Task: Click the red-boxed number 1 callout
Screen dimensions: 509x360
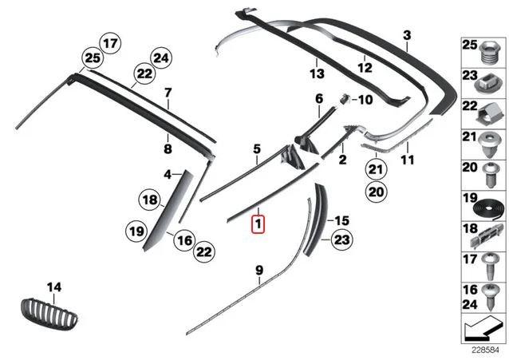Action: click(x=258, y=224)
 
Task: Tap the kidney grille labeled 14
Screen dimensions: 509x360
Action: click(x=49, y=314)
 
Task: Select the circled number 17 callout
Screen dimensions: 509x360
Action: click(x=110, y=43)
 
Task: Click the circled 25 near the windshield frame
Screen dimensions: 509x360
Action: click(x=93, y=58)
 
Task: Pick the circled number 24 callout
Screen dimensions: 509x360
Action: click(x=161, y=58)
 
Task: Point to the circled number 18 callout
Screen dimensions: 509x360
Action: click(x=150, y=200)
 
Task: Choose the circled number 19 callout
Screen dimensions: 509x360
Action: click(x=136, y=231)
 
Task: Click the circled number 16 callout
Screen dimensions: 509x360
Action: click(x=184, y=240)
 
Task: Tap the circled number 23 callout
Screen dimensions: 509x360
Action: click(x=341, y=239)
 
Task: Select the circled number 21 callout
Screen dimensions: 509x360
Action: click(x=376, y=169)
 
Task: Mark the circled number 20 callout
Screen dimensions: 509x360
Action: click(x=376, y=192)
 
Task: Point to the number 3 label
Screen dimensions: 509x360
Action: click(x=407, y=35)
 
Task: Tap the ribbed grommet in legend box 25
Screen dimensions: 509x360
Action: click(x=490, y=51)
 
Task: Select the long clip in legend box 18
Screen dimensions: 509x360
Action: click(x=487, y=236)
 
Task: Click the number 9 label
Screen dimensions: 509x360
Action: click(x=259, y=271)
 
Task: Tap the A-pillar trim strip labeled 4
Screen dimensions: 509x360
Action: click(x=168, y=210)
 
